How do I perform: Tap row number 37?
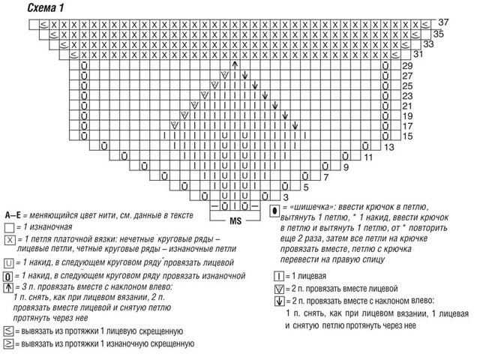[x=445, y=21]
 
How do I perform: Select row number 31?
[x=418, y=55]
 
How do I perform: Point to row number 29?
[x=408, y=67]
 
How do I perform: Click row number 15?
[x=408, y=136]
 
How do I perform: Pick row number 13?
[x=389, y=148]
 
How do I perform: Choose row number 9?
[x=346, y=167]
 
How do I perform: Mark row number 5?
[x=305, y=187]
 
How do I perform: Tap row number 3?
[x=284, y=196]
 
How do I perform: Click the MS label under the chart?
[x=235, y=220]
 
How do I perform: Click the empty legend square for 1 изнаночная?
[x=9, y=226]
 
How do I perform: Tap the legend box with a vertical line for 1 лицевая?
[x=277, y=276]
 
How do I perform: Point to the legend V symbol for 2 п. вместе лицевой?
[x=277, y=289]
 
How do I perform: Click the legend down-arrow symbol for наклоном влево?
[x=277, y=301]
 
